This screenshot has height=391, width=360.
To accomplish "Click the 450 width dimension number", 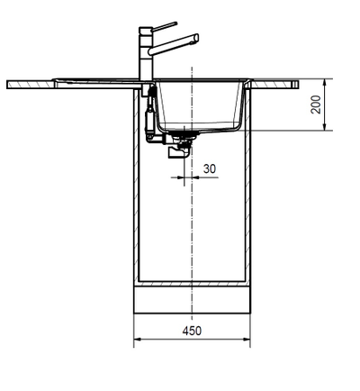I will [x=192, y=331].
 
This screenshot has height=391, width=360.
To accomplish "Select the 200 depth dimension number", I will [x=316, y=105].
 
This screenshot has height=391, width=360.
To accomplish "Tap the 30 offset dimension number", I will [x=209, y=168].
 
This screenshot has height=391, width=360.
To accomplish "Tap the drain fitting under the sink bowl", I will [x=187, y=136].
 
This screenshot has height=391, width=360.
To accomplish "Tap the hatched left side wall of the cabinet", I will [x=137, y=207].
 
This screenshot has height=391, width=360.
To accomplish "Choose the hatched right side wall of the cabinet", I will [x=247, y=207].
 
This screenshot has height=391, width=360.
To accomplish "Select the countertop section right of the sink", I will [x=274, y=84].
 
